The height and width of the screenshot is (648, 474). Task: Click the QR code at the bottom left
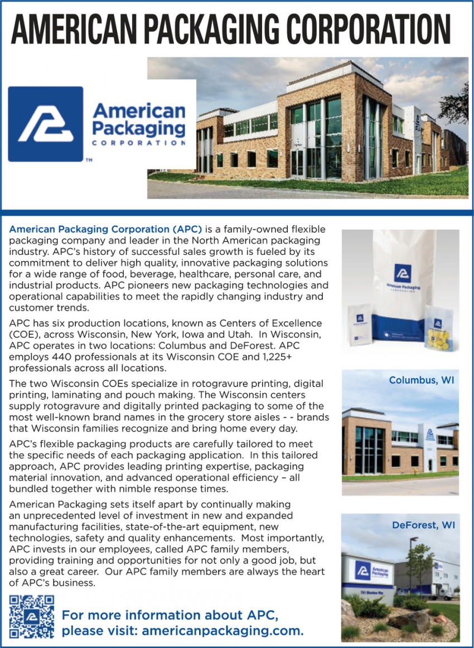(x=32, y=616)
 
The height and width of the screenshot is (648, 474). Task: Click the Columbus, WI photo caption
(x=421, y=380)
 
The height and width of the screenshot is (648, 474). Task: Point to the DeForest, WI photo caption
(x=423, y=525)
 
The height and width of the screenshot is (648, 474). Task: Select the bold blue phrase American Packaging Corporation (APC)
(x=105, y=229)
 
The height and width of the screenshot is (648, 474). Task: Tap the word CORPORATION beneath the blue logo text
(x=138, y=143)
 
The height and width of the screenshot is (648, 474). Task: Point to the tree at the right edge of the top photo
(x=456, y=106)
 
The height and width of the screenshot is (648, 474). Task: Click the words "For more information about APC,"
(x=170, y=616)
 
